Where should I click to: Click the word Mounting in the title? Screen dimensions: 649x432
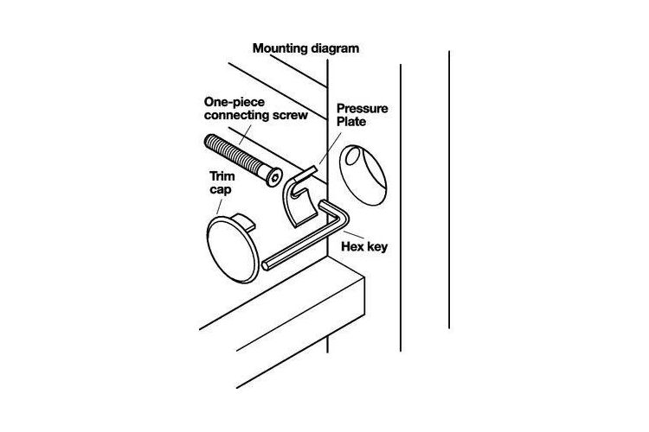click(x=280, y=48)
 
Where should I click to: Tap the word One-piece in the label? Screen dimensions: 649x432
click(x=235, y=102)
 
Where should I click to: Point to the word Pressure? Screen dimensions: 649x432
click(x=363, y=109)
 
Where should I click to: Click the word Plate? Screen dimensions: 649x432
click(x=351, y=122)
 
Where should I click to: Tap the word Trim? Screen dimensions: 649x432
click(x=222, y=176)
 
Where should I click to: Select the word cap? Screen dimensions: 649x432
click(x=220, y=190)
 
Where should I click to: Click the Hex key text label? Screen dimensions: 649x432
click(x=364, y=247)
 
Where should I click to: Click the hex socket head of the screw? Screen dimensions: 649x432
click(x=273, y=178)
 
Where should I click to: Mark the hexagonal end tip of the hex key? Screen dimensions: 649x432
click(x=265, y=266)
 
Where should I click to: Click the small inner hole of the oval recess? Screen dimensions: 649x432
click(x=353, y=156)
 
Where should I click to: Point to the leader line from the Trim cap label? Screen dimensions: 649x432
click(x=220, y=206)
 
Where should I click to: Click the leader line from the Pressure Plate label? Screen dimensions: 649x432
click(x=331, y=149)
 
